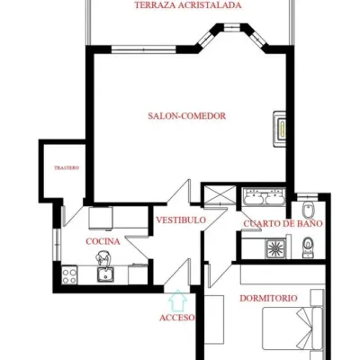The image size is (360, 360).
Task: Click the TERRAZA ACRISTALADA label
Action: [x=188, y=5]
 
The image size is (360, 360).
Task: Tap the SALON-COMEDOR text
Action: [x=187, y=116]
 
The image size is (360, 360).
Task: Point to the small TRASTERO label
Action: [x=67, y=167]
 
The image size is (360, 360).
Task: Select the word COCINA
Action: [x=103, y=241]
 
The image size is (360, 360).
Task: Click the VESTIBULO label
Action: [x=181, y=220]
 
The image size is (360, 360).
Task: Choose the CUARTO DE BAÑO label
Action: [x=283, y=223]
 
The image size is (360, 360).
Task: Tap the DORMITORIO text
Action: [x=268, y=298]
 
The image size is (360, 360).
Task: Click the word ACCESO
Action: [x=177, y=318]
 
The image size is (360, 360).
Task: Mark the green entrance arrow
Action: [x=178, y=300]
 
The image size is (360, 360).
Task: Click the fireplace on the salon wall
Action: [x=279, y=129]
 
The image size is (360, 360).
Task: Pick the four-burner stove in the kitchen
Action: [x=69, y=276]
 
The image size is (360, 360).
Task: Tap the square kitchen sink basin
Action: [x=105, y=274]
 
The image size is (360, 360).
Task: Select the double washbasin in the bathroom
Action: [x=264, y=196]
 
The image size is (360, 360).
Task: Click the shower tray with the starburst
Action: [x=275, y=248]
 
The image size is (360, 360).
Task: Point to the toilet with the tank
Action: [x=308, y=247]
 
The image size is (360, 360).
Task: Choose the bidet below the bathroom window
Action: [x=308, y=210]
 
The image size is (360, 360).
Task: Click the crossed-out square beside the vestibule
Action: [x=220, y=195]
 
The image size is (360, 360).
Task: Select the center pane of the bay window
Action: [x=232, y=28]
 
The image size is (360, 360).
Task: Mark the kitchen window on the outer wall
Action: [x=57, y=245]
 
